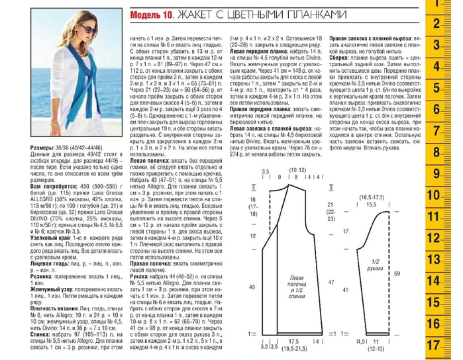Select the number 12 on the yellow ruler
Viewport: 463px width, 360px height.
(x=434, y=238)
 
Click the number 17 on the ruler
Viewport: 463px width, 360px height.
(x=434, y=345)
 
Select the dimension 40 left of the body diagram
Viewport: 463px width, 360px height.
(x=252, y=288)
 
